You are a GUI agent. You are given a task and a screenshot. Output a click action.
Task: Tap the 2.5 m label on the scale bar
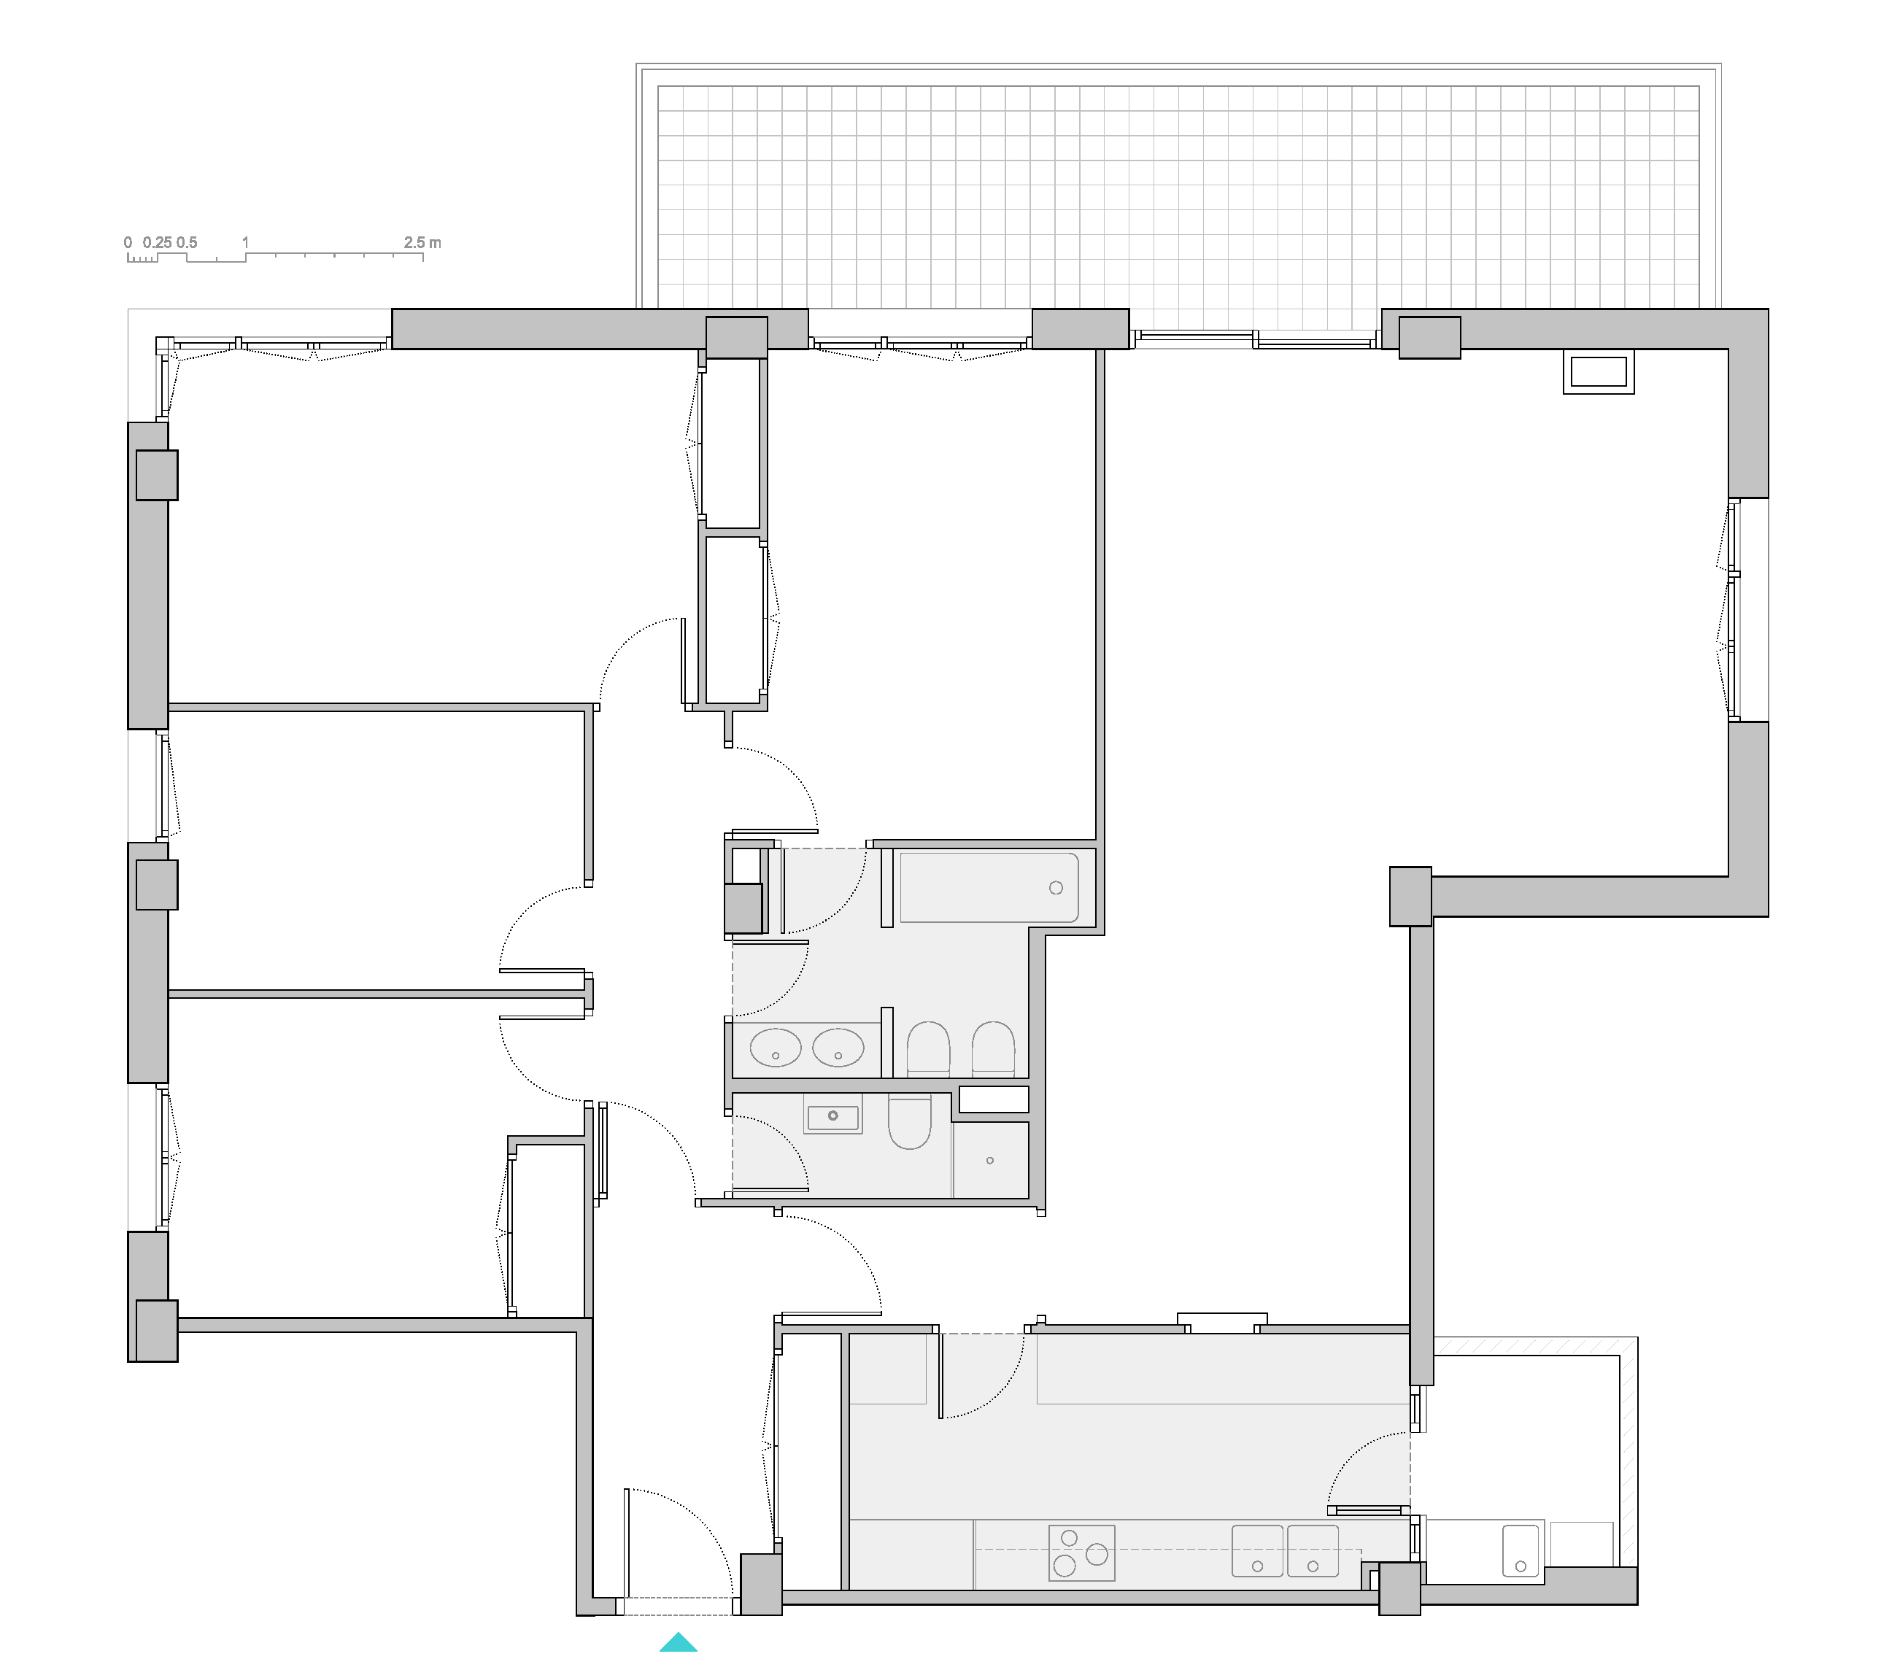pyautogui.click(x=422, y=242)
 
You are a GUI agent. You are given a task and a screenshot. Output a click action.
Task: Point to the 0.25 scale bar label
pyautogui.click(x=157, y=242)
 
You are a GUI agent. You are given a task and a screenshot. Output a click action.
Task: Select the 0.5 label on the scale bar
pyautogui.click(x=187, y=242)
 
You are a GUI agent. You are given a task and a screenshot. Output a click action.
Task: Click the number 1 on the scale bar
pyautogui.click(x=246, y=242)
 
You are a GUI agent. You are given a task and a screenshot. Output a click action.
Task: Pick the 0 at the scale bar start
pyautogui.click(x=128, y=242)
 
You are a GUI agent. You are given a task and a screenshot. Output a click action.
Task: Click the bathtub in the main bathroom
pyautogui.click(x=989, y=887)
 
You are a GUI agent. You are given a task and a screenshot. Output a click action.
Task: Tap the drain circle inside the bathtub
pyautogui.click(x=1056, y=888)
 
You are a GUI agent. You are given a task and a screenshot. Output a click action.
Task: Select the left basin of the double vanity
pyautogui.click(x=775, y=1048)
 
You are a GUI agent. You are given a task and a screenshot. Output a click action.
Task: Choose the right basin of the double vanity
pyautogui.click(x=838, y=1048)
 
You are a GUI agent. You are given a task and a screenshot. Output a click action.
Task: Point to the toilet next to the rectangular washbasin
pyautogui.click(x=910, y=1122)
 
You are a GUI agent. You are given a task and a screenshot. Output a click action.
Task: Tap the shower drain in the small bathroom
pyautogui.click(x=990, y=1161)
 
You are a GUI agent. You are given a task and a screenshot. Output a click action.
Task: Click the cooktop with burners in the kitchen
pyautogui.click(x=1082, y=1553)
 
